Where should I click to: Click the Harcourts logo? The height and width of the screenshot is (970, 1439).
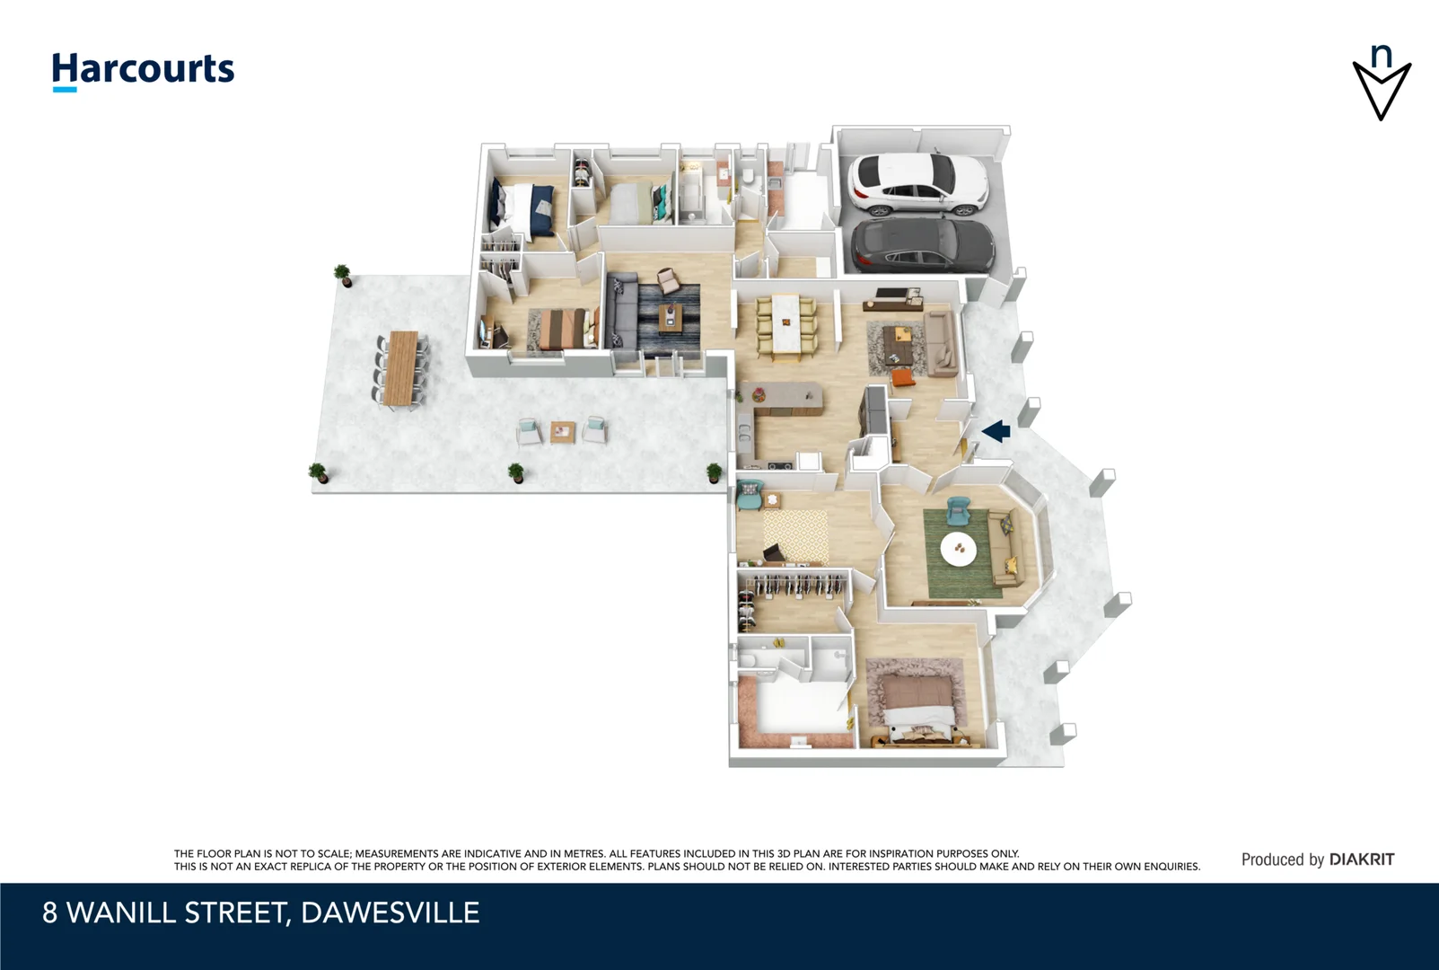(143, 70)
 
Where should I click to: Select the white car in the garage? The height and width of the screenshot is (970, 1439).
(916, 184)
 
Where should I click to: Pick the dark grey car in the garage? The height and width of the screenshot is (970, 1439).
(923, 244)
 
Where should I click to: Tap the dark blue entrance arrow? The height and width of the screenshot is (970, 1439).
(996, 432)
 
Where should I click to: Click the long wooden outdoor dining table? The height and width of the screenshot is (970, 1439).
(401, 368)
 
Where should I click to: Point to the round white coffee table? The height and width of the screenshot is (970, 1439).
(959, 549)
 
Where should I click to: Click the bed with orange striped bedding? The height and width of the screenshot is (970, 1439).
(563, 328)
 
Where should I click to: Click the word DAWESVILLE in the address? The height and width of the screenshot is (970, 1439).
(390, 913)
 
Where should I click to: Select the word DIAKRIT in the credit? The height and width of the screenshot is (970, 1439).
(1362, 860)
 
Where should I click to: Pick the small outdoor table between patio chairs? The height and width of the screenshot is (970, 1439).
(563, 431)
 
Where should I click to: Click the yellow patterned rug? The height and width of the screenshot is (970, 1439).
(794, 533)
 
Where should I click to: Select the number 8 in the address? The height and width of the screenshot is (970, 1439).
(50, 913)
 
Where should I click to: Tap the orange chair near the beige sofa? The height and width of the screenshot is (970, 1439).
(902, 378)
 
